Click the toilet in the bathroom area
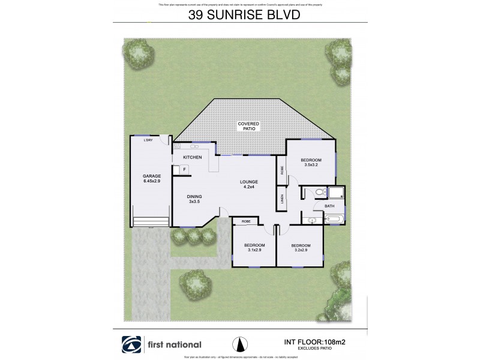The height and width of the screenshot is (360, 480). tap(320, 193)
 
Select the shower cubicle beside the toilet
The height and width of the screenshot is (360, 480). tap(336, 193)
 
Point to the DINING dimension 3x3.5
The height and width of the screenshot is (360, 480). tap(194, 202)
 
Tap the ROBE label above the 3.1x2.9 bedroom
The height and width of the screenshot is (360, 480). tap(246, 221)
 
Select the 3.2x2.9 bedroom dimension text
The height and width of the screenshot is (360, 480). tap(301, 251)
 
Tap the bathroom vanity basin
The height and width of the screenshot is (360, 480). tap(312, 220)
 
